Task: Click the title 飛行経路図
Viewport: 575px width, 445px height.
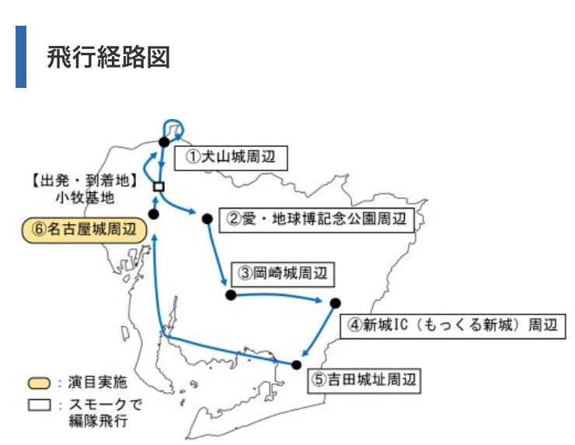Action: [108, 58]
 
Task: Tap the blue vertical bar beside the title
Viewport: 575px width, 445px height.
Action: [21, 57]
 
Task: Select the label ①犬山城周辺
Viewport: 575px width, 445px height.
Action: [231, 158]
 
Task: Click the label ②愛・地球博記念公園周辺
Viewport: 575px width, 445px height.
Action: [316, 220]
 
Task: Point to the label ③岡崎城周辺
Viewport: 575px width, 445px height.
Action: [283, 274]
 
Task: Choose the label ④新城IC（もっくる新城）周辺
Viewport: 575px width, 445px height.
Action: [453, 326]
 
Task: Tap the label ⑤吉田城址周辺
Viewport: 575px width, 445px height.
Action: [364, 380]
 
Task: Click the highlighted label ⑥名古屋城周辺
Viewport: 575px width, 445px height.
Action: [85, 230]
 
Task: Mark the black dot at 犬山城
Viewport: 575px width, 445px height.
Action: [164, 142]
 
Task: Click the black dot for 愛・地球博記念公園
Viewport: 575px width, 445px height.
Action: [207, 219]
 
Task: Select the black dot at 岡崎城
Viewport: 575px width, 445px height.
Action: [231, 295]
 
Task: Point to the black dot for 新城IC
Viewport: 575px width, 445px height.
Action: [335, 303]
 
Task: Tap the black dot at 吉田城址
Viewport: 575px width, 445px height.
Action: [296, 365]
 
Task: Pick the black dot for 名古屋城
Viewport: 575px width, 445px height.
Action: [154, 214]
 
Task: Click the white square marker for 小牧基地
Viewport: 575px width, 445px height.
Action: [159, 187]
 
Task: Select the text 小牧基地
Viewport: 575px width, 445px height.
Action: [85, 198]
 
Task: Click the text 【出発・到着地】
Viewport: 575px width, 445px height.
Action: [85, 180]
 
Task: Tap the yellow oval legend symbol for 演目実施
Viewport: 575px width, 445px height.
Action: [39, 384]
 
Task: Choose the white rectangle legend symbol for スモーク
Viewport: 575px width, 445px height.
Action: [39, 405]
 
